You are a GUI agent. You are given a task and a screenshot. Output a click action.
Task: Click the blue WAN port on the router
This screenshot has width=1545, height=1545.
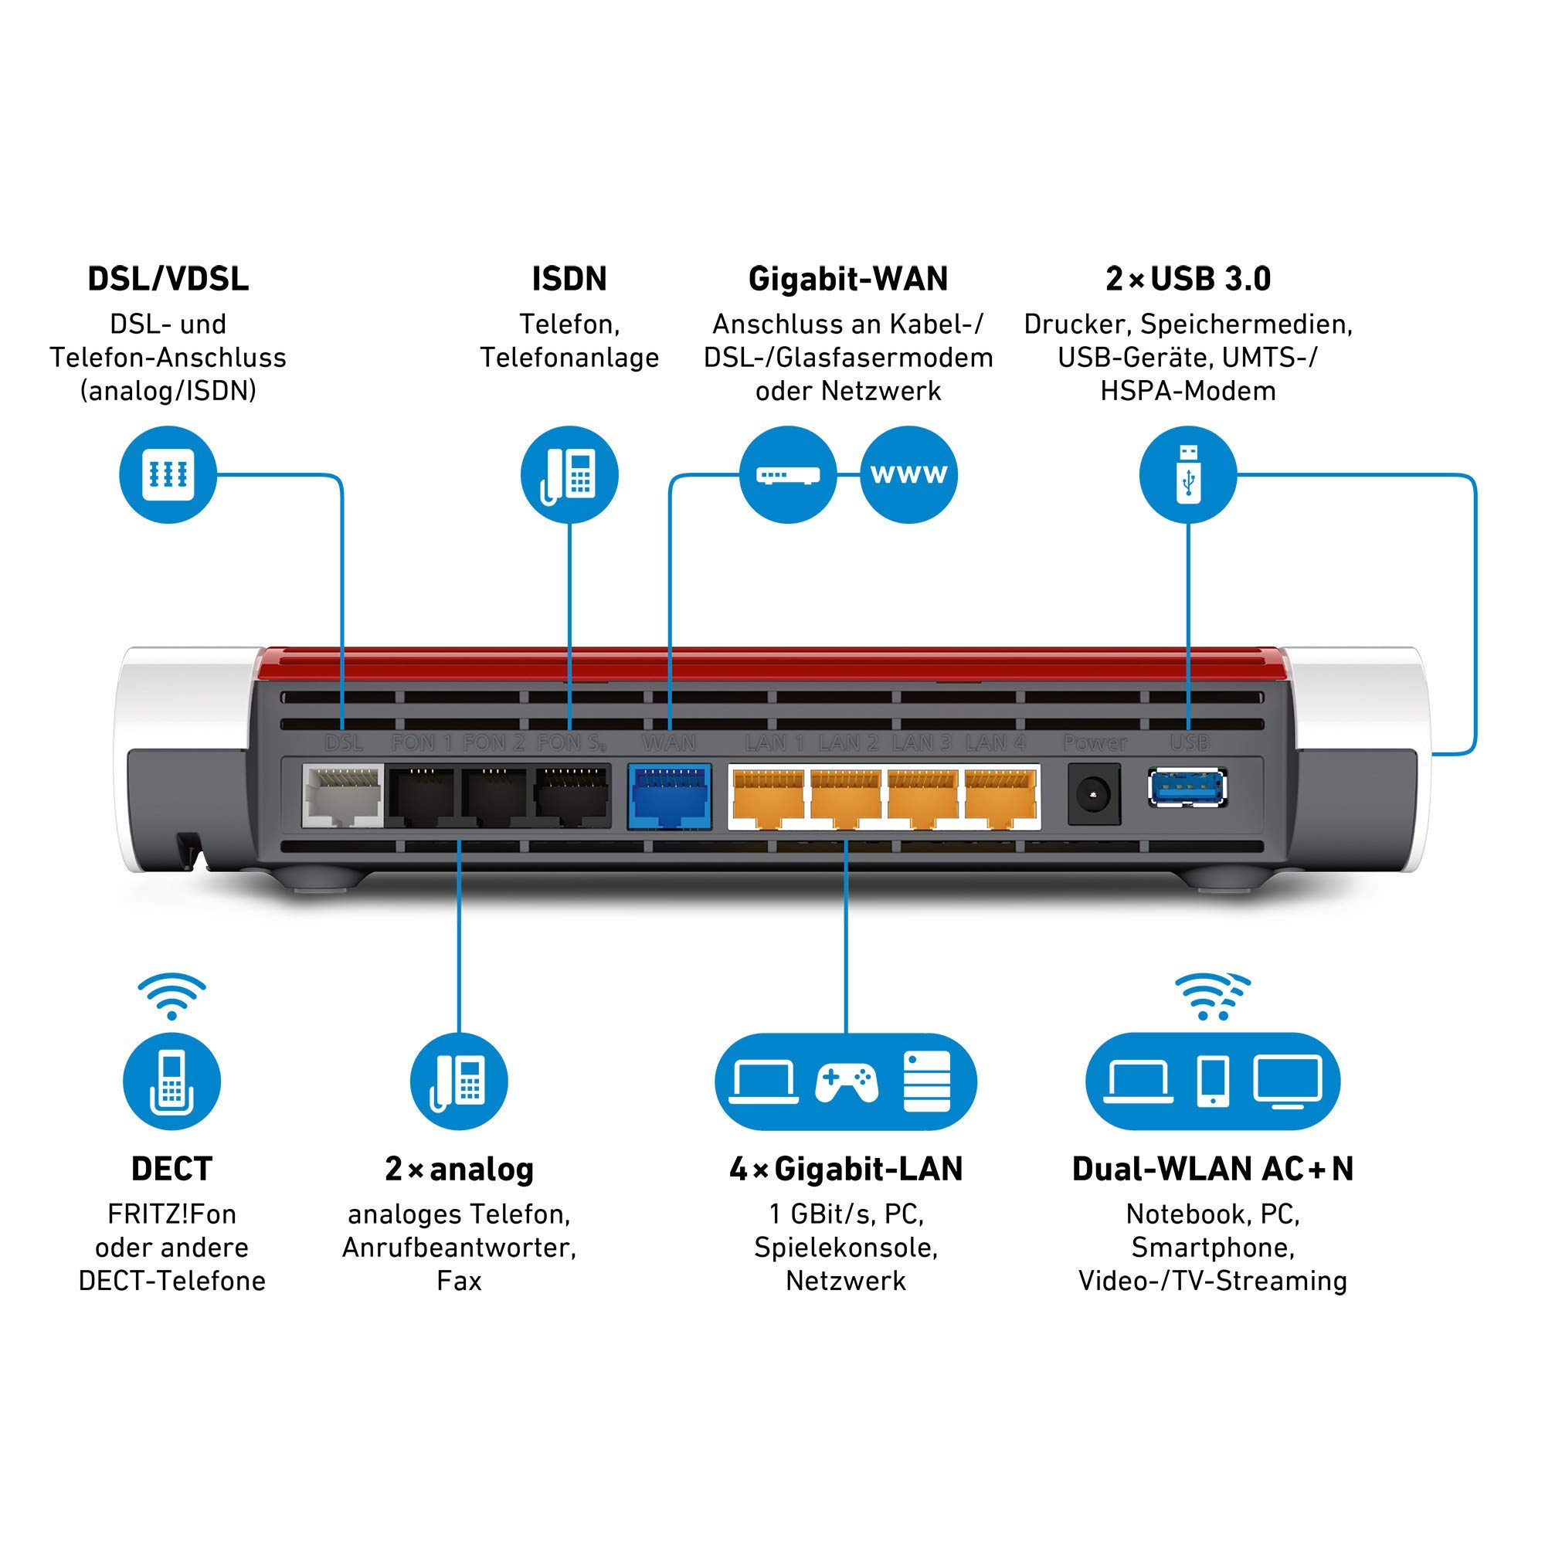669,796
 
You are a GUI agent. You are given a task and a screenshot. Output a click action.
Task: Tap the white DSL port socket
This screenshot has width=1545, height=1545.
342,796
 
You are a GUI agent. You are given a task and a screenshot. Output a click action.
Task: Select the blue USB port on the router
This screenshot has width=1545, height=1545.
1187,789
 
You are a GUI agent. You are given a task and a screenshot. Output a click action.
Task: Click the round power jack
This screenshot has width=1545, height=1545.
1094,795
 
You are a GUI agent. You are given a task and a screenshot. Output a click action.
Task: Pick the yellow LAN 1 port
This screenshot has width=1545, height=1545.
768,796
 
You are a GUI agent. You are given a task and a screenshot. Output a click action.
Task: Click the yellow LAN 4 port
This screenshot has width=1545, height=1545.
1000,796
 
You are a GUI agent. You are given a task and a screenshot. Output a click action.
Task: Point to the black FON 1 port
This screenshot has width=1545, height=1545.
421,796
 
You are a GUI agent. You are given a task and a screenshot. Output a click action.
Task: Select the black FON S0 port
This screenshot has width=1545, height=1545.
572,796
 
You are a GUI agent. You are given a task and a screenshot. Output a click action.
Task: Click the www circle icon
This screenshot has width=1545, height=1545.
908,474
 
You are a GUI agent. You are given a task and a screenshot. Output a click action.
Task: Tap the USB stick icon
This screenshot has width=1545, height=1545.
1188,474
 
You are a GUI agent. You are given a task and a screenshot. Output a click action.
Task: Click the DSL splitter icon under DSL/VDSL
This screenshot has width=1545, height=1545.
168,474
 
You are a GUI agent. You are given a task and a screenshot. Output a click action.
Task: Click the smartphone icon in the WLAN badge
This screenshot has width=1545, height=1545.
1213,1082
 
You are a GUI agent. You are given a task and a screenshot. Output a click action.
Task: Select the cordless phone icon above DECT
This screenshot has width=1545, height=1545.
172,1082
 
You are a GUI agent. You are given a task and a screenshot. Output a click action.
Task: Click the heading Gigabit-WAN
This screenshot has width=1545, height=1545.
847,279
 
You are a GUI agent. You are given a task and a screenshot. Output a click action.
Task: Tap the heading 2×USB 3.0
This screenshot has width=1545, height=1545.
1188,279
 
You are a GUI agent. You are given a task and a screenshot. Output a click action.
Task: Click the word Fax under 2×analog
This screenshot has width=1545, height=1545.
459,1280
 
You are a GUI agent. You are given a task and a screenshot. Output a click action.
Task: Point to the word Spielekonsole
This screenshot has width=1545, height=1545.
846,1247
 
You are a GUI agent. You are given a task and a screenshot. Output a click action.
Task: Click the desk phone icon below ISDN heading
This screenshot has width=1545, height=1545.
569,474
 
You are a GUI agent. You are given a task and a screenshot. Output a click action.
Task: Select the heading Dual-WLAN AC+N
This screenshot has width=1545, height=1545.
1212,1169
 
